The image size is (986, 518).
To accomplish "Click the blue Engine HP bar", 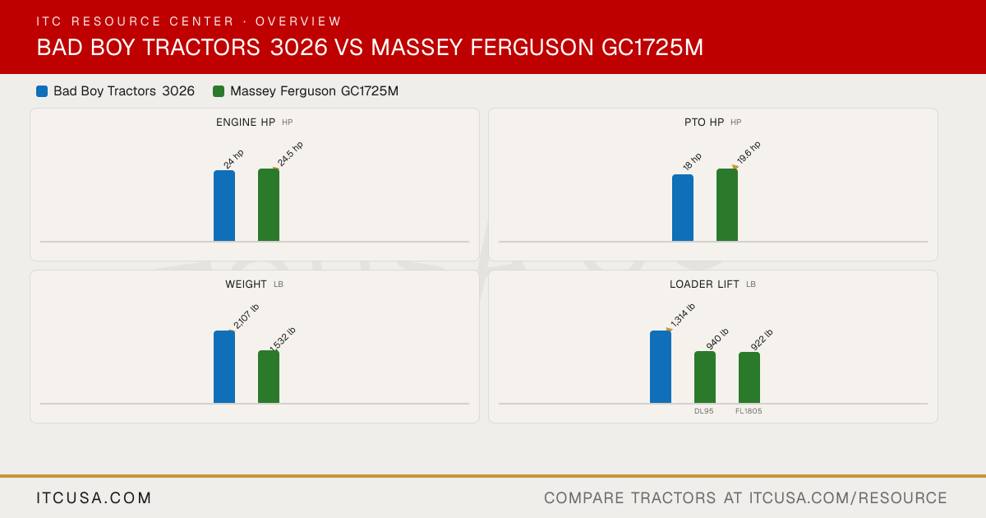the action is pyautogui.click(x=224, y=206).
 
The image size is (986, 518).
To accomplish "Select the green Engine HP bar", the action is pyautogui.click(x=269, y=205).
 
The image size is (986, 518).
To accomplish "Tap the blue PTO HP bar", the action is pyautogui.click(x=683, y=208).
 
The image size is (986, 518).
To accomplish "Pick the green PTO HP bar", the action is pyautogui.click(x=727, y=205).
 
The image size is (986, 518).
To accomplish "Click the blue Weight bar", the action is pyautogui.click(x=224, y=367).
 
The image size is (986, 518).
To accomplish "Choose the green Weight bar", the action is pyautogui.click(x=269, y=377).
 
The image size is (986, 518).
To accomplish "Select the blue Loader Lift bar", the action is pyautogui.click(x=661, y=367).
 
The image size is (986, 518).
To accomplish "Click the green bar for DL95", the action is pyautogui.click(x=705, y=377).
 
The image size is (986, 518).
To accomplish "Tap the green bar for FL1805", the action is pyautogui.click(x=749, y=377).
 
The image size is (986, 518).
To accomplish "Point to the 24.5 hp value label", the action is pyautogui.click(x=290, y=155).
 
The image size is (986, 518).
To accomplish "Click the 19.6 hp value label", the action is pyautogui.click(x=749, y=152).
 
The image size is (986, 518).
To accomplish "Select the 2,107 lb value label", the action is pyautogui.click(x=246, y=317).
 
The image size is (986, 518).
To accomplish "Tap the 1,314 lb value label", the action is pyautogui.click(x=683, y=316).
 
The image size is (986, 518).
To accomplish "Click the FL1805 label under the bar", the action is pyautogui.click(x=749, y=411).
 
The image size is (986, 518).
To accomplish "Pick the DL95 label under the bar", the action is pyautogui.click(x=704, y=411).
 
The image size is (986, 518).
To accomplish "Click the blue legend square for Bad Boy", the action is pyautogui.click(x=42, y=91).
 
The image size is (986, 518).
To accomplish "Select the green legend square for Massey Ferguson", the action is pyautogui.click(x=219, y=91).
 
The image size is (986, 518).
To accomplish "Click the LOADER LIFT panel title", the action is pyautogui.click(x=704, y=284).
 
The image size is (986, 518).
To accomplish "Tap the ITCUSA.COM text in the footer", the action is pyautogui.click(x=94, y=497).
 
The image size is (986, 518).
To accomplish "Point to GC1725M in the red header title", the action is pyautogui.click(x=652, y=47).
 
